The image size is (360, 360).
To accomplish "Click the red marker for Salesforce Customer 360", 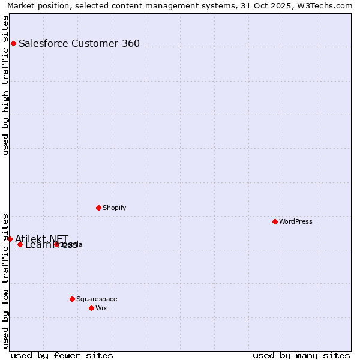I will [x=13, y=43].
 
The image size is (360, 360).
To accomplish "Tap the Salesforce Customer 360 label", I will [x=79, y=43].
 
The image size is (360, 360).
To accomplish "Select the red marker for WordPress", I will [x=275, y=221].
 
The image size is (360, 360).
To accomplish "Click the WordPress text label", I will [x=296, y=221].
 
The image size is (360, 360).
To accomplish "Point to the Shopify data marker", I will [x=98, y=208].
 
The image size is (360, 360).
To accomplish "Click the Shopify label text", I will [x=115, y=208].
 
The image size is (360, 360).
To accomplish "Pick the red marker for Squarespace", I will [x=72, y=299].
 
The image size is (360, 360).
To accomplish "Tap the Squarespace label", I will [x=97, y=299].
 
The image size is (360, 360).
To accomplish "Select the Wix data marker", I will [x=91, y=308].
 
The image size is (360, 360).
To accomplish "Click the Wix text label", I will [x=101, y=308].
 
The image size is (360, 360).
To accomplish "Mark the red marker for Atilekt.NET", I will [x=10, y=239].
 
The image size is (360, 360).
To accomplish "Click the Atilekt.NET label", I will [x=42, y=238].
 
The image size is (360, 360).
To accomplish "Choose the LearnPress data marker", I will [x=20, y=244].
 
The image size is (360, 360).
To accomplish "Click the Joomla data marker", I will [x=56, y=244].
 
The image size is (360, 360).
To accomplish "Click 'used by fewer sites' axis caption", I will [x=62, y=355].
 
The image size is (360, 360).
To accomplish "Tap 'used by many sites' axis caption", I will [x=301, y=355].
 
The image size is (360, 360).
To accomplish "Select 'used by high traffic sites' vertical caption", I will [x=6, y=85].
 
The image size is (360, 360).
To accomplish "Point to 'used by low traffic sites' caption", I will [x=6, y=280].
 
